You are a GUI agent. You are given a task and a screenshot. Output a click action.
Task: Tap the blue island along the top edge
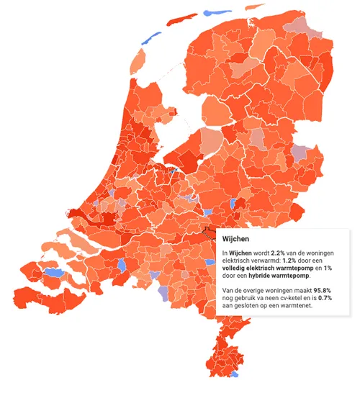[x=213, y=13]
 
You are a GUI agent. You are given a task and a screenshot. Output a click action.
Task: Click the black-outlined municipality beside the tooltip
[x=210, y=232]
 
